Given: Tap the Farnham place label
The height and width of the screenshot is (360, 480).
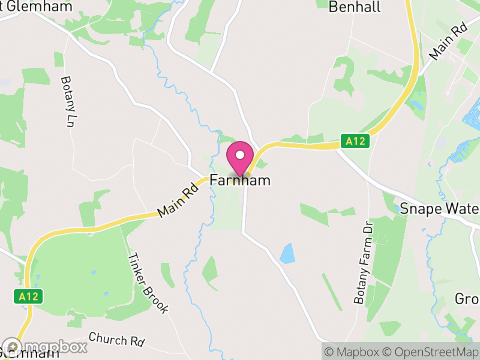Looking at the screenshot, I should [x=240, y=180].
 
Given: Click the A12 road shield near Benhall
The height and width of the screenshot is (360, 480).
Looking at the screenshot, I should [x=355, y=142].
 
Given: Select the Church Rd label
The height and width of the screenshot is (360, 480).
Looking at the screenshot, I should [x=116, y=339].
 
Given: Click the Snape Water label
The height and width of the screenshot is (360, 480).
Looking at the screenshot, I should [x=439, y=209].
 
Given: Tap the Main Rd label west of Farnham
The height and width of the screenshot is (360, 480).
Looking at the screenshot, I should [x=173, y=204].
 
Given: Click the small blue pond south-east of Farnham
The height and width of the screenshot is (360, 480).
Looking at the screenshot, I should [x=287, y=253].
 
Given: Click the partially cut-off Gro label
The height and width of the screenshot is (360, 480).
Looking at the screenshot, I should [x=467, y=299].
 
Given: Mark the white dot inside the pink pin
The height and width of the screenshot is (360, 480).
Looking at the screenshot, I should [x=240, y=155].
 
